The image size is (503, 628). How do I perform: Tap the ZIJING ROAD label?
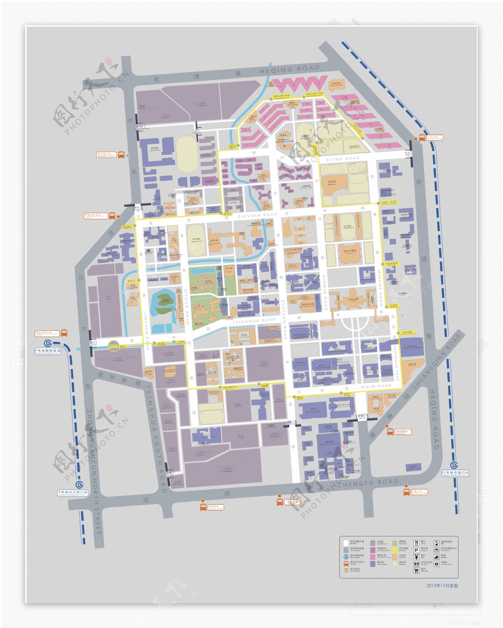coord(342,159)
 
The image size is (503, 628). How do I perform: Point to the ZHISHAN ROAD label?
coord(257,215)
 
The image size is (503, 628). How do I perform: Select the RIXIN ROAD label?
coord(376,386)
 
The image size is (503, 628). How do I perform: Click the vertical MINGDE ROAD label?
coord(380,288)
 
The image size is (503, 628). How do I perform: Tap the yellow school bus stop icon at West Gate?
coord(113,346)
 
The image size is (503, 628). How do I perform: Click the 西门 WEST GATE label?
coord(93,343)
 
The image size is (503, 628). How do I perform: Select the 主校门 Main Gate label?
coord(362,416)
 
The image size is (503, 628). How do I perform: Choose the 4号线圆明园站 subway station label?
coord(47,350)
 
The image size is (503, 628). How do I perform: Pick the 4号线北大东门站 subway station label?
coord(73,492)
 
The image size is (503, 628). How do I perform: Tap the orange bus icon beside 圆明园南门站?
coord(64,333)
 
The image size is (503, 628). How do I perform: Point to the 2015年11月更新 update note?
coord(442,586)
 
